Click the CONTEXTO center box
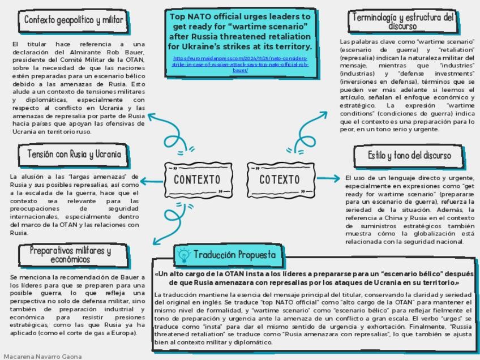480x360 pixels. click(197, 179)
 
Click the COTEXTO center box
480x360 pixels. click(280, 179)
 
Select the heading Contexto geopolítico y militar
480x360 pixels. click(74, 20)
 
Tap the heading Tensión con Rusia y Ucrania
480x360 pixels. click(74, 154)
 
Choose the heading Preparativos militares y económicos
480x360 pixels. click(70, 255)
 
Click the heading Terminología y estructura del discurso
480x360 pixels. click(403, 22)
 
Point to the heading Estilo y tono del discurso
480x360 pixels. click(409, 156)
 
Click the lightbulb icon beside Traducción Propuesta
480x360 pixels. click(183, 255)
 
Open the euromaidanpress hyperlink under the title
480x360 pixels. click(240, 64)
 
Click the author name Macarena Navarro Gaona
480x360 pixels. click(42, 356)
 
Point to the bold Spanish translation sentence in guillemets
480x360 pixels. click(314, 278)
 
